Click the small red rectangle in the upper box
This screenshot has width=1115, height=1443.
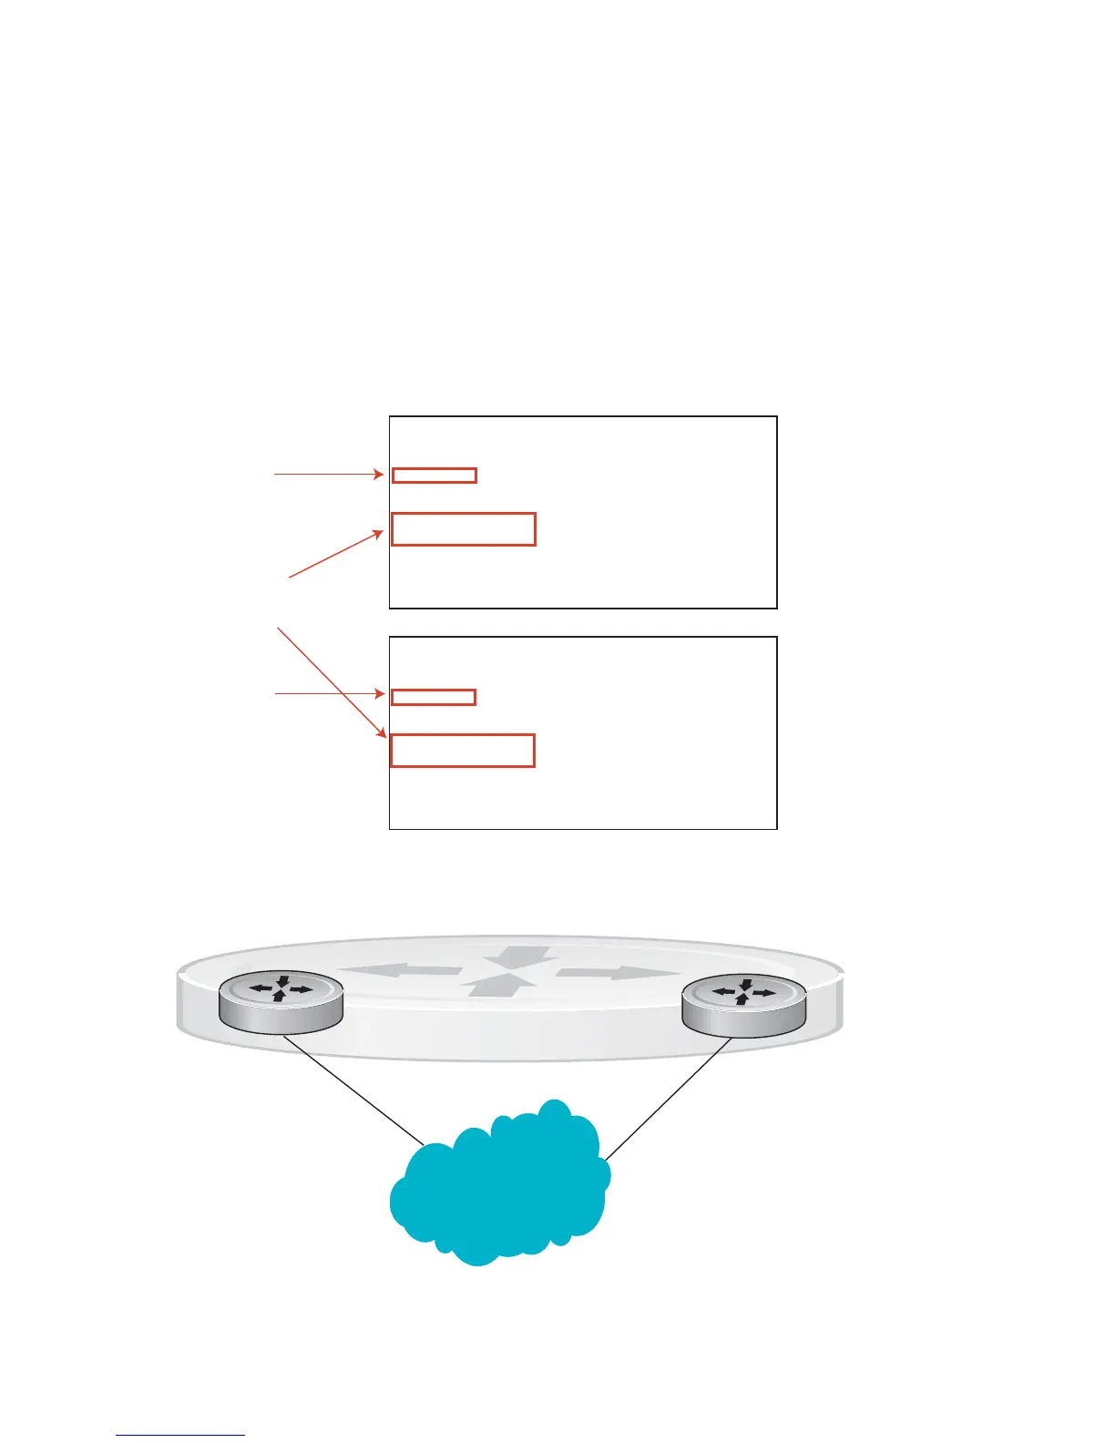[x=434, y=475]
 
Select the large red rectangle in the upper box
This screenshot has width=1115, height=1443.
[x=463, y=529]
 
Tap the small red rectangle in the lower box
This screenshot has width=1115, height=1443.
[x=434, y=697]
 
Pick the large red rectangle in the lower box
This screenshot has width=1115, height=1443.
[x=462, y=750]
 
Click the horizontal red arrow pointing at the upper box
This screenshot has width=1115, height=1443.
[x=328, y=474]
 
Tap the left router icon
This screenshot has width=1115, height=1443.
[x=281, y=1002]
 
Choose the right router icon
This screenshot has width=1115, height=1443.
[x=744, y=1004]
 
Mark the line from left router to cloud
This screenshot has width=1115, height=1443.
[x=355, y=1090]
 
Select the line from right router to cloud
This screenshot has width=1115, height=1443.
[x=668, y=1099]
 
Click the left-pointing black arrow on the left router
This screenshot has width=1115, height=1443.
[x=263, y=988]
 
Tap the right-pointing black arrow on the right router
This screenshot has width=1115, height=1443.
[x=763, y=992]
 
